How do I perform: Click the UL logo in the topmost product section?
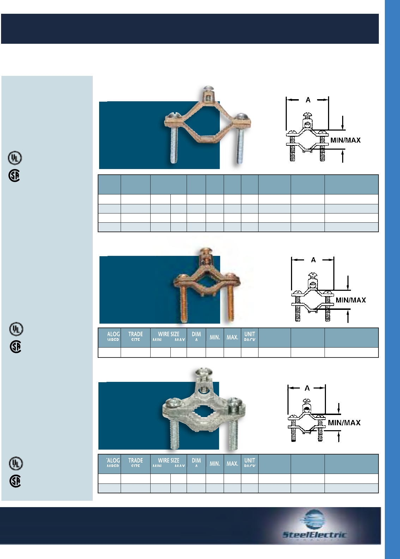point(15,158)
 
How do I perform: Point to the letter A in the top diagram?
point(308,100)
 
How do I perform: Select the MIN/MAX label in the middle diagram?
point(351,300)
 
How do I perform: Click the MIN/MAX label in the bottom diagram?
point(344,423)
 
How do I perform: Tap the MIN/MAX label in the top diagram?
point(345,140)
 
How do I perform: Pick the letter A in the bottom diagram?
point(307,388)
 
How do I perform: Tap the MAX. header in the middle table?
point(232,337)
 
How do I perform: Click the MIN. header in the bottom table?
point(215,464)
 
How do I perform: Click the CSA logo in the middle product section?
point(16,347)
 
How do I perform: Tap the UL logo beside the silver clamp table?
point(16,463)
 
